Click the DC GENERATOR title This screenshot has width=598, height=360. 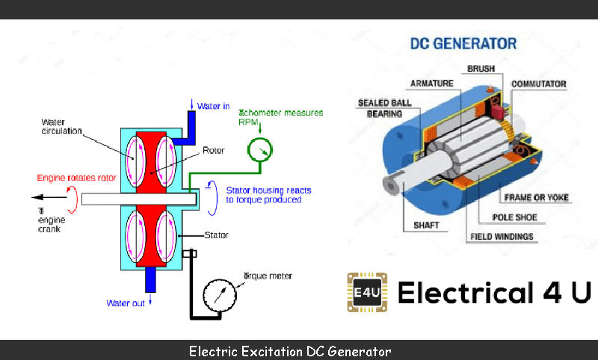pyautogui.click(x=463, y=43)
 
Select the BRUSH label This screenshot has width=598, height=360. pyautogui.click(x=481, y=69)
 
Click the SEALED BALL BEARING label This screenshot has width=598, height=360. pyautogui.click(x=380, y=108)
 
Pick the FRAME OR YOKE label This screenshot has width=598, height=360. pyautogui.click(x=537, y=198)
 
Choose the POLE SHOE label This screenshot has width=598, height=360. pyautogui.click(x=515, y=217)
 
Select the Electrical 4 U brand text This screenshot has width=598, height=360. pyautogui.click(x=493, y=292)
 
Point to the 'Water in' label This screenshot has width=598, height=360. pyautogui.click(x=215, y=106)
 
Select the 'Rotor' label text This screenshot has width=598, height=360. pyautogui.click(x=214, y=149)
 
